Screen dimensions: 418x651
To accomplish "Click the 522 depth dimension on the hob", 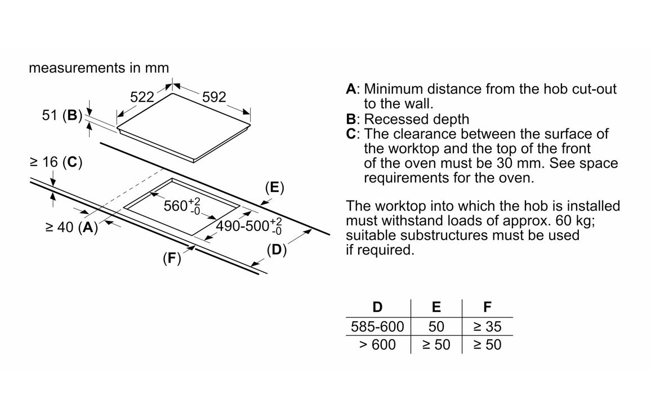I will (x=142, y=97).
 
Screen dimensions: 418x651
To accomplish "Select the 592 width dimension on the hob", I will (x=213, y=97).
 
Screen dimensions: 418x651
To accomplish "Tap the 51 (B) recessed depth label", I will (x=62, y=115).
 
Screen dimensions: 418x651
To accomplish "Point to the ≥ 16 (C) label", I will (x=56, y=162).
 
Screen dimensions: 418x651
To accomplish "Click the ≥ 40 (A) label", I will (x=72, y=228).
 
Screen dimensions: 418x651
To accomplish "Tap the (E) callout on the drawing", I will (x=274, y=188).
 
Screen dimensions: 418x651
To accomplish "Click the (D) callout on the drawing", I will (x=276, y=250).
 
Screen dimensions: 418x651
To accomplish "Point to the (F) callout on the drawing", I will (x=171, y=259).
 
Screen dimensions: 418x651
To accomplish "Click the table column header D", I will (x=377, y=307).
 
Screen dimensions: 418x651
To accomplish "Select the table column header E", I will (x=436, y=307).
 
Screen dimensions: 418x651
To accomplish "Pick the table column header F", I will (x=487, y=307).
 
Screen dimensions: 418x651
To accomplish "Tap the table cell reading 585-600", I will (x=377, y=326).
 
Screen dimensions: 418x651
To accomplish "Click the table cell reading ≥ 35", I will (x=487, y=326).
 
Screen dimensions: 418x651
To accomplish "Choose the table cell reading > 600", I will (x=377, y=344).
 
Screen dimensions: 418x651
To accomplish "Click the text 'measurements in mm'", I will (x=99, y=68).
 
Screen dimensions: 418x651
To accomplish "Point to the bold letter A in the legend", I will (x=351, y=89).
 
